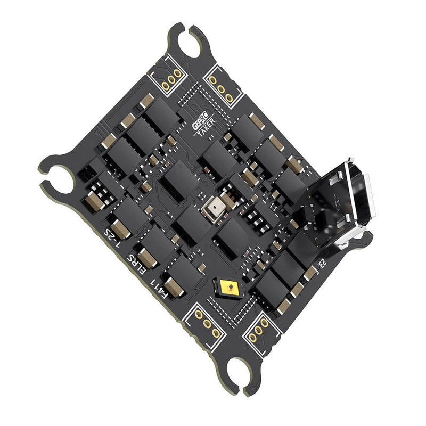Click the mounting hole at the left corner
pos(60,179)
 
